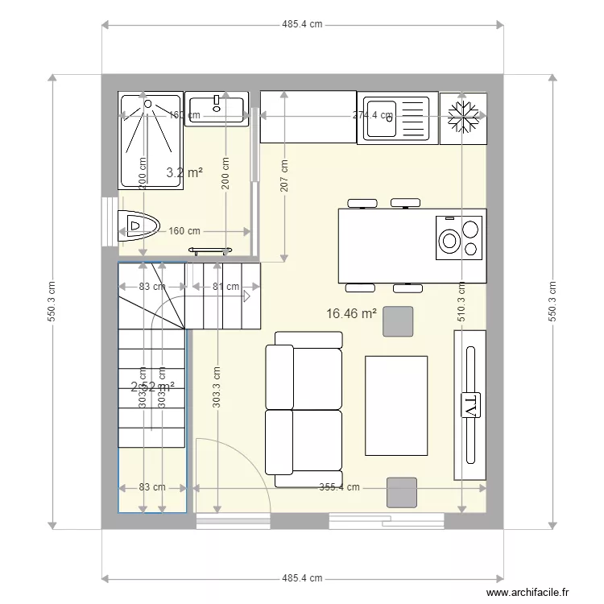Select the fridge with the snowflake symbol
(463, 118)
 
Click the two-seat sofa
(303, 408)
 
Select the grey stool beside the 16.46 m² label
(398, 321)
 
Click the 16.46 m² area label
(352, 313)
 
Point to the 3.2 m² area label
(184, 172)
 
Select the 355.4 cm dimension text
(339, 487)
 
